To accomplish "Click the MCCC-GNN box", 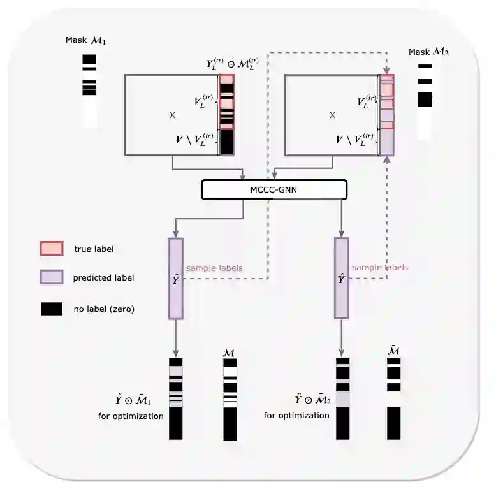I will tap(274, 189).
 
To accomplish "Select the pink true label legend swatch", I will tap(52, 249).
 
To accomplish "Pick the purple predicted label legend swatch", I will tap(52, 277).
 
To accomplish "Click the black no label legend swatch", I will tap(52, 309).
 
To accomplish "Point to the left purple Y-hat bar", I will tap(176, 278).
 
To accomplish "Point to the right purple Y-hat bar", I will tap(342, 278).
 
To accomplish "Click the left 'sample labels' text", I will tap(214, 268).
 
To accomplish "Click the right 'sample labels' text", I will tap(380, 268).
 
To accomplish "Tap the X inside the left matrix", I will tap(172, 115).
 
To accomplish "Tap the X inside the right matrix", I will tap(332, 115).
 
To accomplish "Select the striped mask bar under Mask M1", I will tap(89, 89).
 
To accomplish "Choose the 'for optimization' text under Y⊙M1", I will tap(131, 416).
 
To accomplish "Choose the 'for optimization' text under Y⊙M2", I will tap(296, 416).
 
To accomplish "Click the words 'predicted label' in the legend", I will tap(103, 278).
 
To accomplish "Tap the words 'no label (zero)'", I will tap(104, 310).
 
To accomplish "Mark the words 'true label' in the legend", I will tap(94, 249).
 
